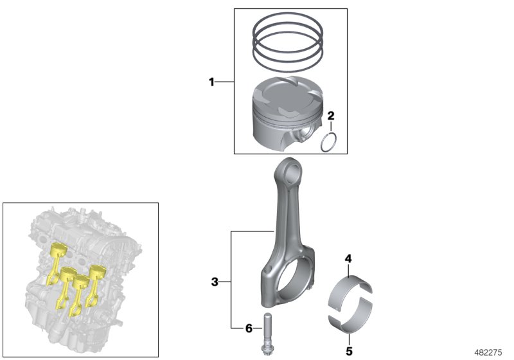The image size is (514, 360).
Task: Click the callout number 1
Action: point(211,82)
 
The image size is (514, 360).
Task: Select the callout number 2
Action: point(331,116)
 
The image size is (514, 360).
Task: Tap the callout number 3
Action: point(215,281)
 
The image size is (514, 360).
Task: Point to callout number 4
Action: point(348,259)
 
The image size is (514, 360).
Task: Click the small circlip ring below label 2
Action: point(330,142)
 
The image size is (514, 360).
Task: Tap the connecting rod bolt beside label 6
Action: point(265,331)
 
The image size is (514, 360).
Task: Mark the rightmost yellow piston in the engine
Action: point(97,271)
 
